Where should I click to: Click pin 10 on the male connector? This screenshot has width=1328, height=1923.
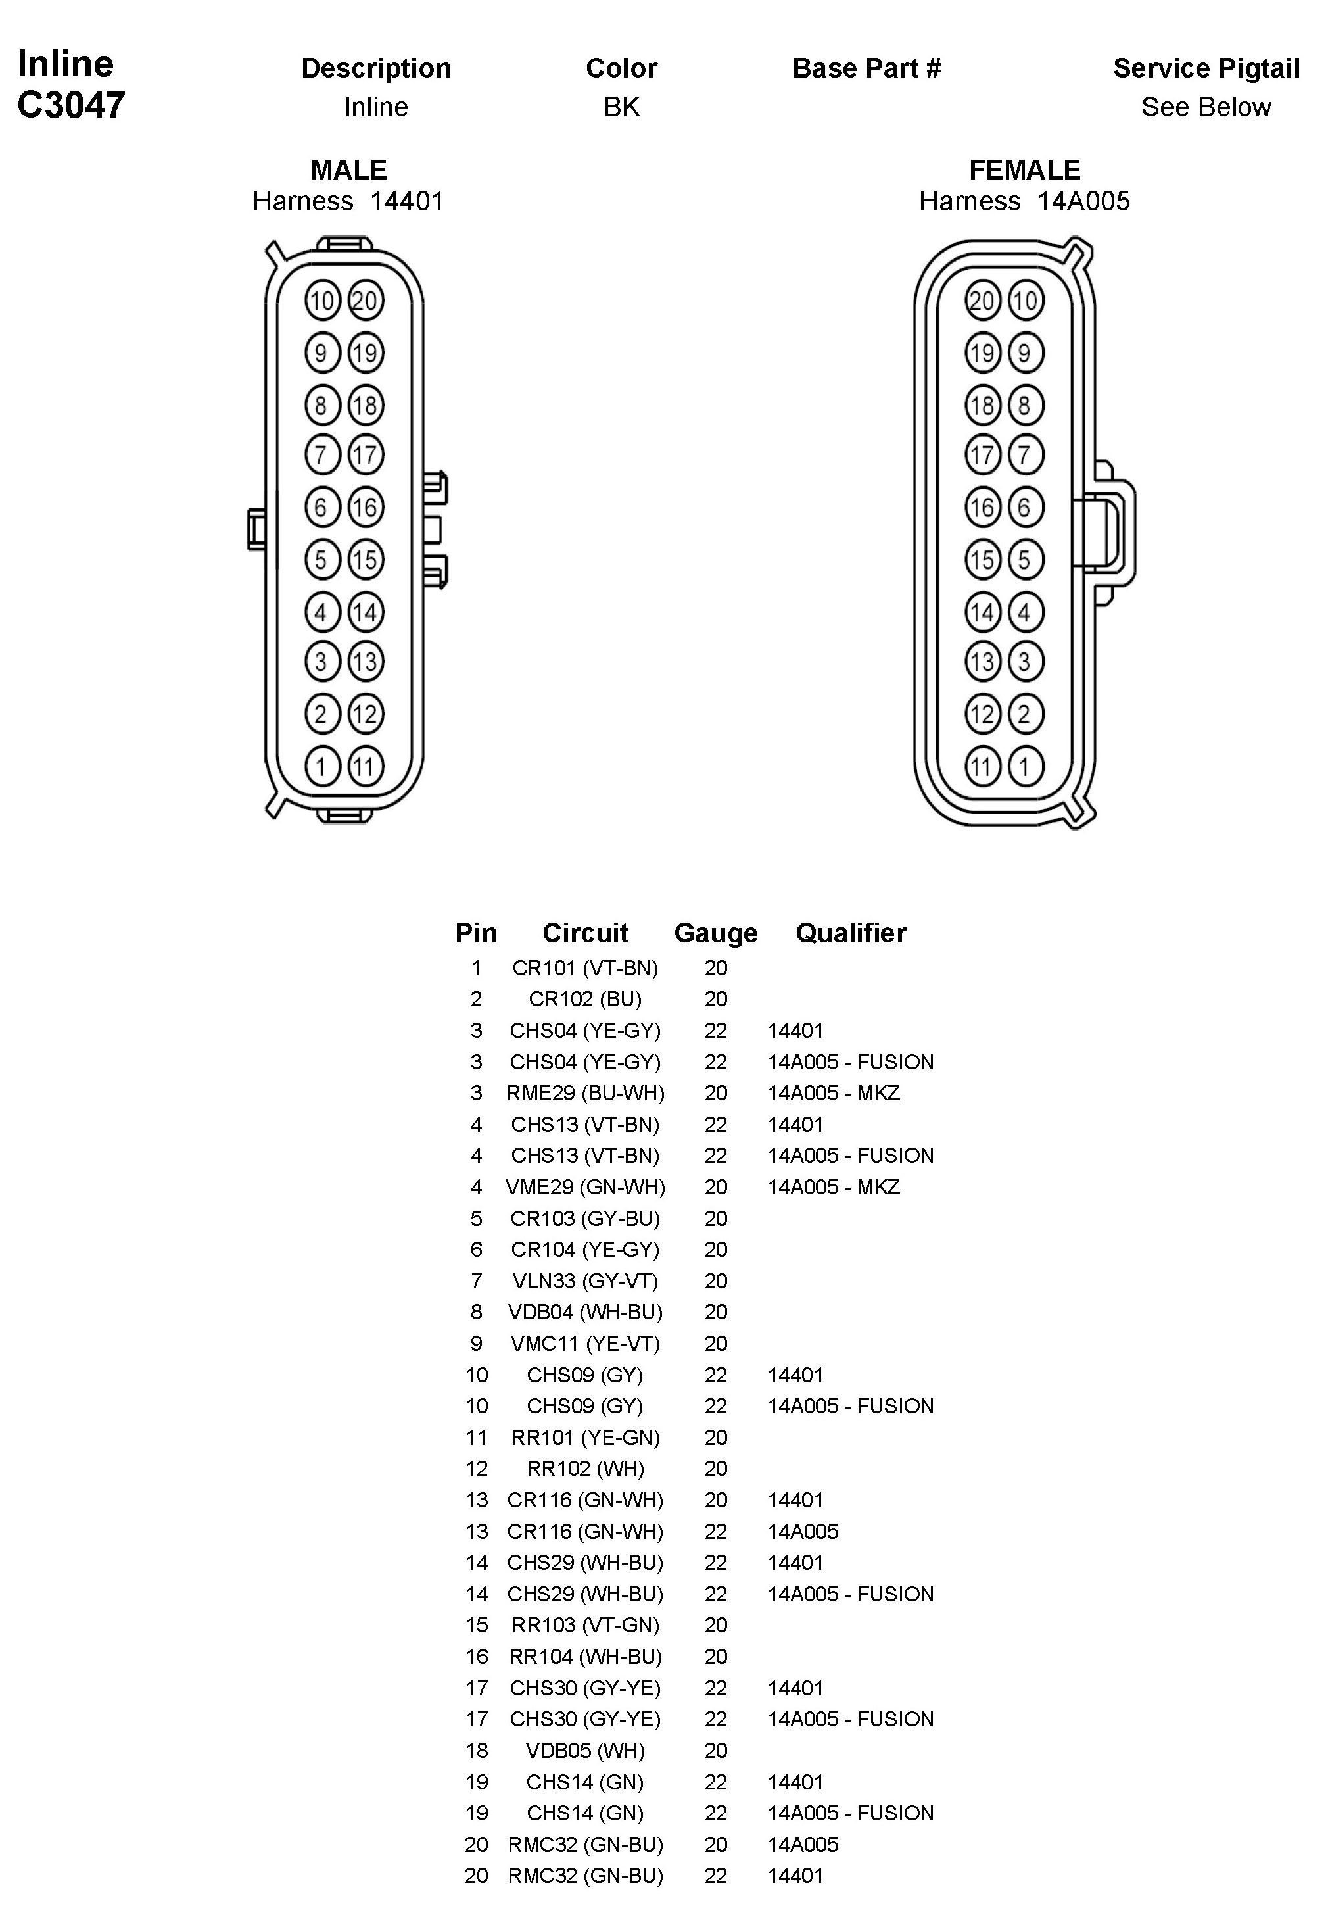coord(322,301)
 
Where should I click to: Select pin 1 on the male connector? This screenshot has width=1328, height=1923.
coord(322,766)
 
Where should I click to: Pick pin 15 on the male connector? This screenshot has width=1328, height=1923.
coord(366,560)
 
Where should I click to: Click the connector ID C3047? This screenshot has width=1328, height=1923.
coord(71,105)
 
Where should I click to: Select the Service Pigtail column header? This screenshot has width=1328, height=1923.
coord(1206,68)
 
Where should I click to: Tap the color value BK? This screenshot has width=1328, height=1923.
coord(621,107)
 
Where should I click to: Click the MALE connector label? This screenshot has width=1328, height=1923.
coord(348,170)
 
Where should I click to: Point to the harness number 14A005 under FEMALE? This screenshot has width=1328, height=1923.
coord(1083,201)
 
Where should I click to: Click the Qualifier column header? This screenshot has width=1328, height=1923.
coord(851,933)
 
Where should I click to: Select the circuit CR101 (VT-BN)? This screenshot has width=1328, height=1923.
coord(585,968)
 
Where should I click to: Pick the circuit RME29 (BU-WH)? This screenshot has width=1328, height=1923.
coord(585,1093)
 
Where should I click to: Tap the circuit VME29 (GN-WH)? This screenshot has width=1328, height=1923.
coord(585,1187)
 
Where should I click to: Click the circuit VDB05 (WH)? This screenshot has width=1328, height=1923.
coord(585,1751)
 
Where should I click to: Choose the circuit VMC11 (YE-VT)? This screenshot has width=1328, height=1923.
coord(585,1344)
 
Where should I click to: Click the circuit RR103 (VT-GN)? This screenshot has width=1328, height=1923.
coord(585,1625)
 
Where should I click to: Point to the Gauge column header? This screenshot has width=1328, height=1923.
coord(715,933)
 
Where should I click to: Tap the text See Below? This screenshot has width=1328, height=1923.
coord(1206,107)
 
